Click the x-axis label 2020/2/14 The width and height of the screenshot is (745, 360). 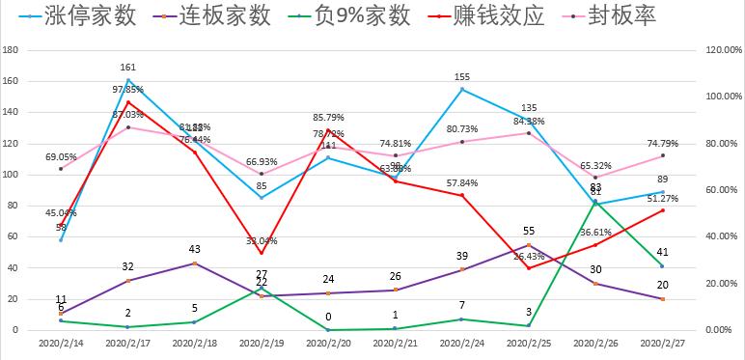coord(60,343)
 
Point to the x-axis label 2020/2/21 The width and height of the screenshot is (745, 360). coord(395,343)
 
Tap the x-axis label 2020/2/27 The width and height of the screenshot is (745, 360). coord(662,343)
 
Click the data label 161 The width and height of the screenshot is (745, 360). coord(127,68)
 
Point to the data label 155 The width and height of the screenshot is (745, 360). coord(462,76)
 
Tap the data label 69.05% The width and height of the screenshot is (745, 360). coord(61,156)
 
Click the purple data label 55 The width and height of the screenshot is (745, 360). coord(529,231)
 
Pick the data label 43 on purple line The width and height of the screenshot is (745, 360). coord(195,249)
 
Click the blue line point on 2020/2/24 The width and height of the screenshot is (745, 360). coord(462,89)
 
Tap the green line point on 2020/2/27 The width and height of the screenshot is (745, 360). coord(662,265)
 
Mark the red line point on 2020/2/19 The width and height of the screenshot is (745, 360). coord(262,254)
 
